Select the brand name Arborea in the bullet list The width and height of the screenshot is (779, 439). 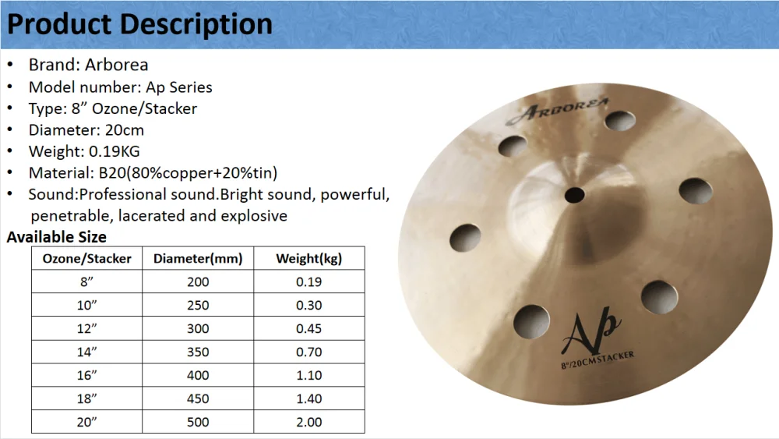(116, 65)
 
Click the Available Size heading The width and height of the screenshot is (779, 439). (57, 237)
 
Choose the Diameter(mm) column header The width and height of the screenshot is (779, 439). (198, 259)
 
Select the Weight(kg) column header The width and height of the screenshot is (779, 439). (309, 259)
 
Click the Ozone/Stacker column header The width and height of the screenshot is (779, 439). (87, 259)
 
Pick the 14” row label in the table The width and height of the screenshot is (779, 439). (87, 352)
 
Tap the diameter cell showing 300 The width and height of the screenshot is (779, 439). (198, 328)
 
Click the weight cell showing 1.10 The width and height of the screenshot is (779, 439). (309, 375)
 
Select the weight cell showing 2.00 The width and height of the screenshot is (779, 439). (309, 422)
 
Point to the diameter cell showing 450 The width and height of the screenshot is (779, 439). (198, 398)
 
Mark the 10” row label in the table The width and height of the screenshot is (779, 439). (87, 305)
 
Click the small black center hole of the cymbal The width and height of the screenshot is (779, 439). (574, 195)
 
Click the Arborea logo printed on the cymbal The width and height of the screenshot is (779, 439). (557, 111)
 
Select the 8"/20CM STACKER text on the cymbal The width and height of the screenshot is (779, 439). (597, 360)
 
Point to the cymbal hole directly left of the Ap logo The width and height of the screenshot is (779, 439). (531, 322)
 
